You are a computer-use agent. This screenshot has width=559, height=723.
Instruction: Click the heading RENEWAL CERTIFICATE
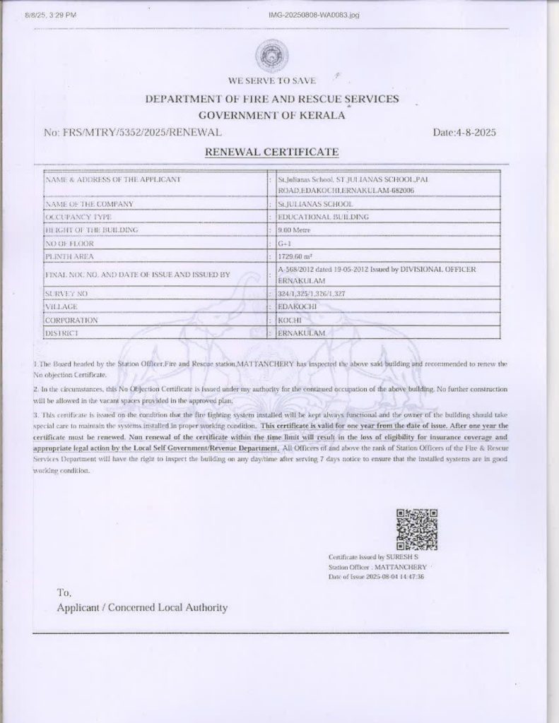tap(272, 152)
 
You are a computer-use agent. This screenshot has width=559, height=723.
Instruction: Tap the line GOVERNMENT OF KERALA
tap(272, 114)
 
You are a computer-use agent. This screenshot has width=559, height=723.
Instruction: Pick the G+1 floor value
tap(283, 243)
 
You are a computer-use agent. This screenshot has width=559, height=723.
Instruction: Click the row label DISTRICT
tap(61, 332)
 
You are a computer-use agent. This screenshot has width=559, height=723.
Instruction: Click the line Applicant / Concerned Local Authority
tap(142, 607)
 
